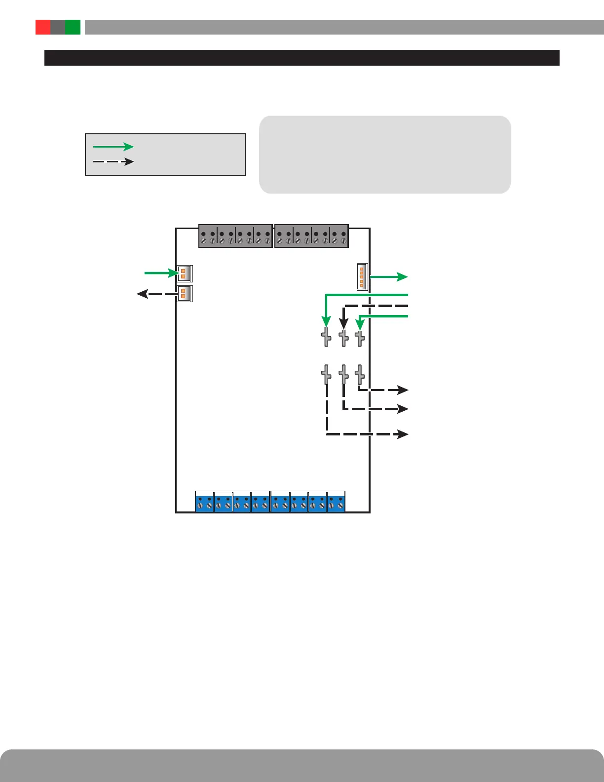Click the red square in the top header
(43, 27)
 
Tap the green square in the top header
(73, 27)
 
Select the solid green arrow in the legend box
(113, 147)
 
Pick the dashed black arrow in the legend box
(113, 161)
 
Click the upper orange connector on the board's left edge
(184, 274)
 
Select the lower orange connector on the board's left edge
(184, 293)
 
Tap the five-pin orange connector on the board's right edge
(362, 277)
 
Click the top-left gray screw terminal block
(235, 236)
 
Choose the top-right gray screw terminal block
(311, 236)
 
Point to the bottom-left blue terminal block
(232, 502)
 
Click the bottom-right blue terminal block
(308, 502)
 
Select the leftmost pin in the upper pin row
(326, 337)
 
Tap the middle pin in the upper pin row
(344, 337)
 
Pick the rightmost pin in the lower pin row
(360, 375)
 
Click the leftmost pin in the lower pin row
(326, 375)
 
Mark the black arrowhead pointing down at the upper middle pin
(344, 324)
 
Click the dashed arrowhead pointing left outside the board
(142, 294)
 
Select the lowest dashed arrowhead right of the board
(403, 434)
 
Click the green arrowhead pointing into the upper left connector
(172, 273)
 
